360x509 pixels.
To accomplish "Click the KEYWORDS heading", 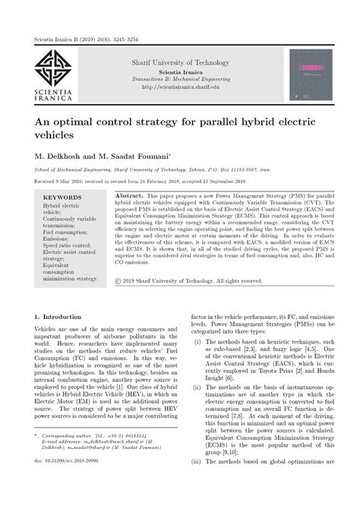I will click(x=62, y=197).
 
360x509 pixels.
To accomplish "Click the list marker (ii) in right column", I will click(x=198, y=408).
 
